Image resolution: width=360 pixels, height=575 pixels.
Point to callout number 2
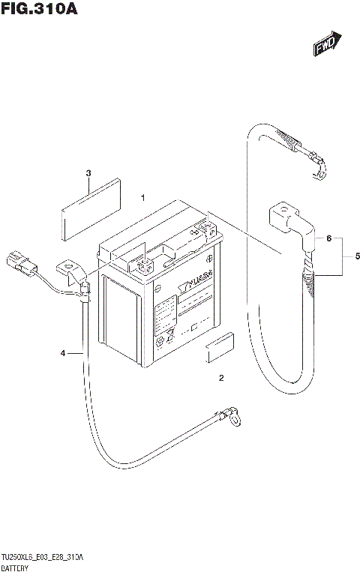coord(221,377)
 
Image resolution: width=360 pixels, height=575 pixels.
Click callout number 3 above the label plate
coord(88,173)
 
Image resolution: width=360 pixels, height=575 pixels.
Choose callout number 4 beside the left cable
coord(63,352)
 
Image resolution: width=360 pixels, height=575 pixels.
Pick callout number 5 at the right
coord(357,256)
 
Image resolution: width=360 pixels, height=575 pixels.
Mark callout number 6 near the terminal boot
coord(328,238)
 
